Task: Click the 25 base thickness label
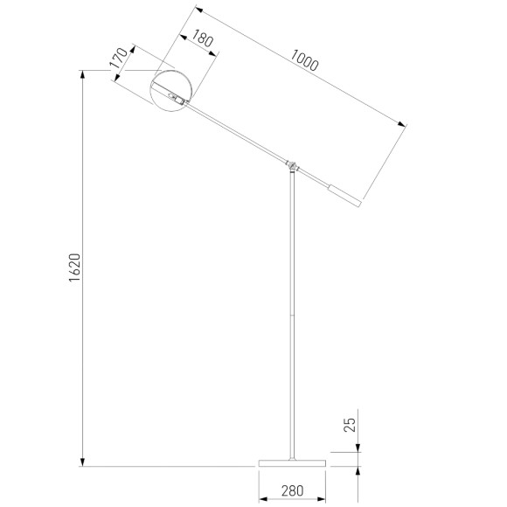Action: [x=349, y=426]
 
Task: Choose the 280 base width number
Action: [x=292, y=490]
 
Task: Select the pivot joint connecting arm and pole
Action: [x=293, y=164]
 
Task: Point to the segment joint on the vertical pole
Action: [x=293, y=313]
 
